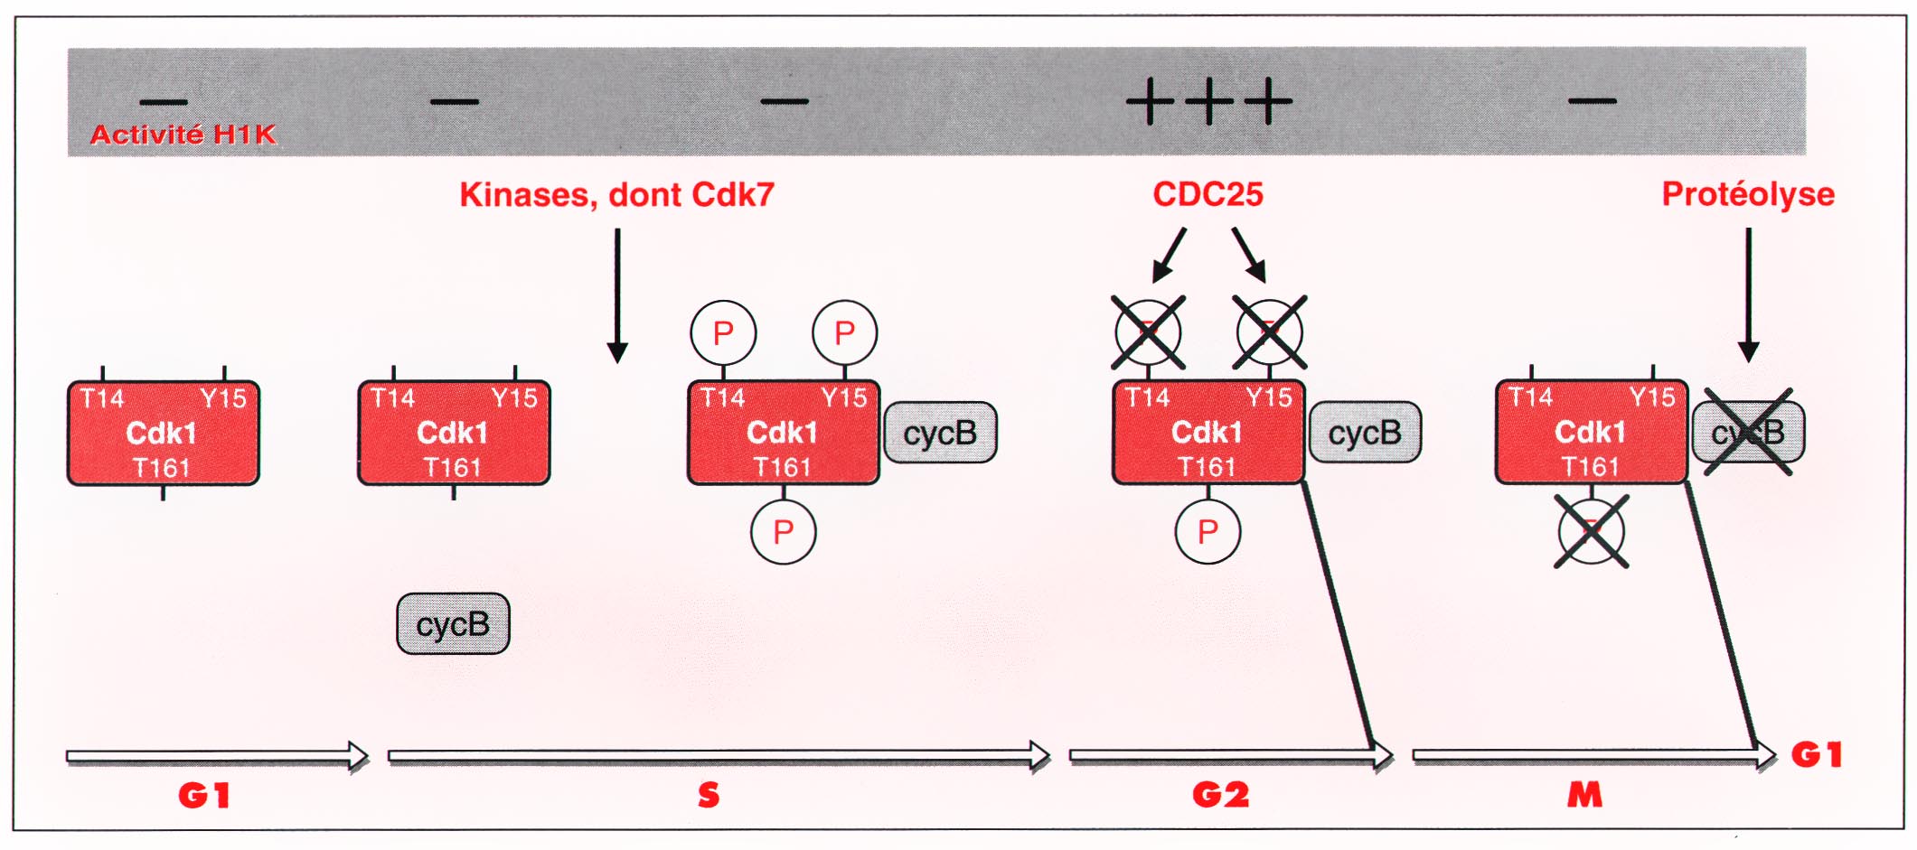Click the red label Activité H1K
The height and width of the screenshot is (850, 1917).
tap(183, 134)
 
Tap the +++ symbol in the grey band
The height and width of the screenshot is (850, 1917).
tap(1208, 100)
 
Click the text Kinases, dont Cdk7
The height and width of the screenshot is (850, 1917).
tap(616, 194)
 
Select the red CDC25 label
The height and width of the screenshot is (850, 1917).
tap(1208, 194)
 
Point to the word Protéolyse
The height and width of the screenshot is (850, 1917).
tap(1748, 194)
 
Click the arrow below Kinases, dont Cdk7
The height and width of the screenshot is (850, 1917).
tap(617, 295)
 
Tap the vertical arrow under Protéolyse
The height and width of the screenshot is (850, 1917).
tap(1749, 295)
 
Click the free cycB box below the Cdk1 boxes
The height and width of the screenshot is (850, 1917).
tap(453, 623)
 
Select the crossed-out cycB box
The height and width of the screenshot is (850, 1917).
tap(1748, 432)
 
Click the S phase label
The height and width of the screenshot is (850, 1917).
tap(709, 795)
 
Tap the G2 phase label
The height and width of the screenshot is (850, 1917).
tap(1220, 795)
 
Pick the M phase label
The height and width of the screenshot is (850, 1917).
tap(1584, 795)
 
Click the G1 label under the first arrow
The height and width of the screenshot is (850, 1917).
tap(204, 795)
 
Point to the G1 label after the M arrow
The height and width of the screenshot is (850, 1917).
tap(1817, 754)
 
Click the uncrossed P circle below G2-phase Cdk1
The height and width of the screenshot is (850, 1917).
tap(1208, 532)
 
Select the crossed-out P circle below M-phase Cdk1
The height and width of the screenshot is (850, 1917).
tap(1592, 532)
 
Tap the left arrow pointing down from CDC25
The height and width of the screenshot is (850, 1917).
tap(1169, 256)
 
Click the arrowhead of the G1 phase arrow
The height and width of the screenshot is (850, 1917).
tap(360, 756)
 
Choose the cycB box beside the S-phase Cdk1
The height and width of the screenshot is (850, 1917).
tap(940, 433)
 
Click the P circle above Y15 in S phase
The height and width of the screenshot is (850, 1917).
tap(844, 333)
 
